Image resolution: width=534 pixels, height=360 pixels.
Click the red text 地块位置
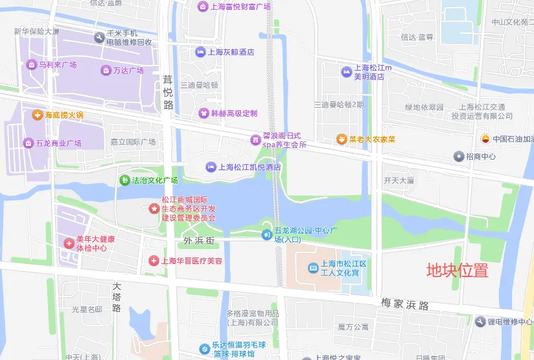457,270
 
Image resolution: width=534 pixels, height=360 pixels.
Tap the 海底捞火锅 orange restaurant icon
38,115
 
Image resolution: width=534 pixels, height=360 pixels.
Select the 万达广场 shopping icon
106,70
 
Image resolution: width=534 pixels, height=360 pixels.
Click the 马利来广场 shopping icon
31,64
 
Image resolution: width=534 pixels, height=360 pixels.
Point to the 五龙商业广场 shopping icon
29,143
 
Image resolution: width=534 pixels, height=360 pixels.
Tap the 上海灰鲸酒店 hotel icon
200,52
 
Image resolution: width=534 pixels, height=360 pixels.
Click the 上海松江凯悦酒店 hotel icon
211,167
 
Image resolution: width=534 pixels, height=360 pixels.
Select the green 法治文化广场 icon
124,180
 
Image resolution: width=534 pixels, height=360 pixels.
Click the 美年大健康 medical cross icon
69,243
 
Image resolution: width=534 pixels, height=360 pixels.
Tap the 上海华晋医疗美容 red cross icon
154,261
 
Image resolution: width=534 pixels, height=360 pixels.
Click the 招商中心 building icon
459,156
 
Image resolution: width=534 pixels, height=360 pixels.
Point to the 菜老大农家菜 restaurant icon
341,139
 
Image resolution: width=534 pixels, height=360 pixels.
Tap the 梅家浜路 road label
405,304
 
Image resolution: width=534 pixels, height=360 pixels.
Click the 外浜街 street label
198,241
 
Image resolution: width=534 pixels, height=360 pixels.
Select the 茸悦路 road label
168,92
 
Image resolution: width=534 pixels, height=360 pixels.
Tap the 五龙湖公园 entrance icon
266,235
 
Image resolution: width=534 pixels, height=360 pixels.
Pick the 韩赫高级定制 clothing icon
204,113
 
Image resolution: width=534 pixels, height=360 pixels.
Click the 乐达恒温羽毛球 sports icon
204,348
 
